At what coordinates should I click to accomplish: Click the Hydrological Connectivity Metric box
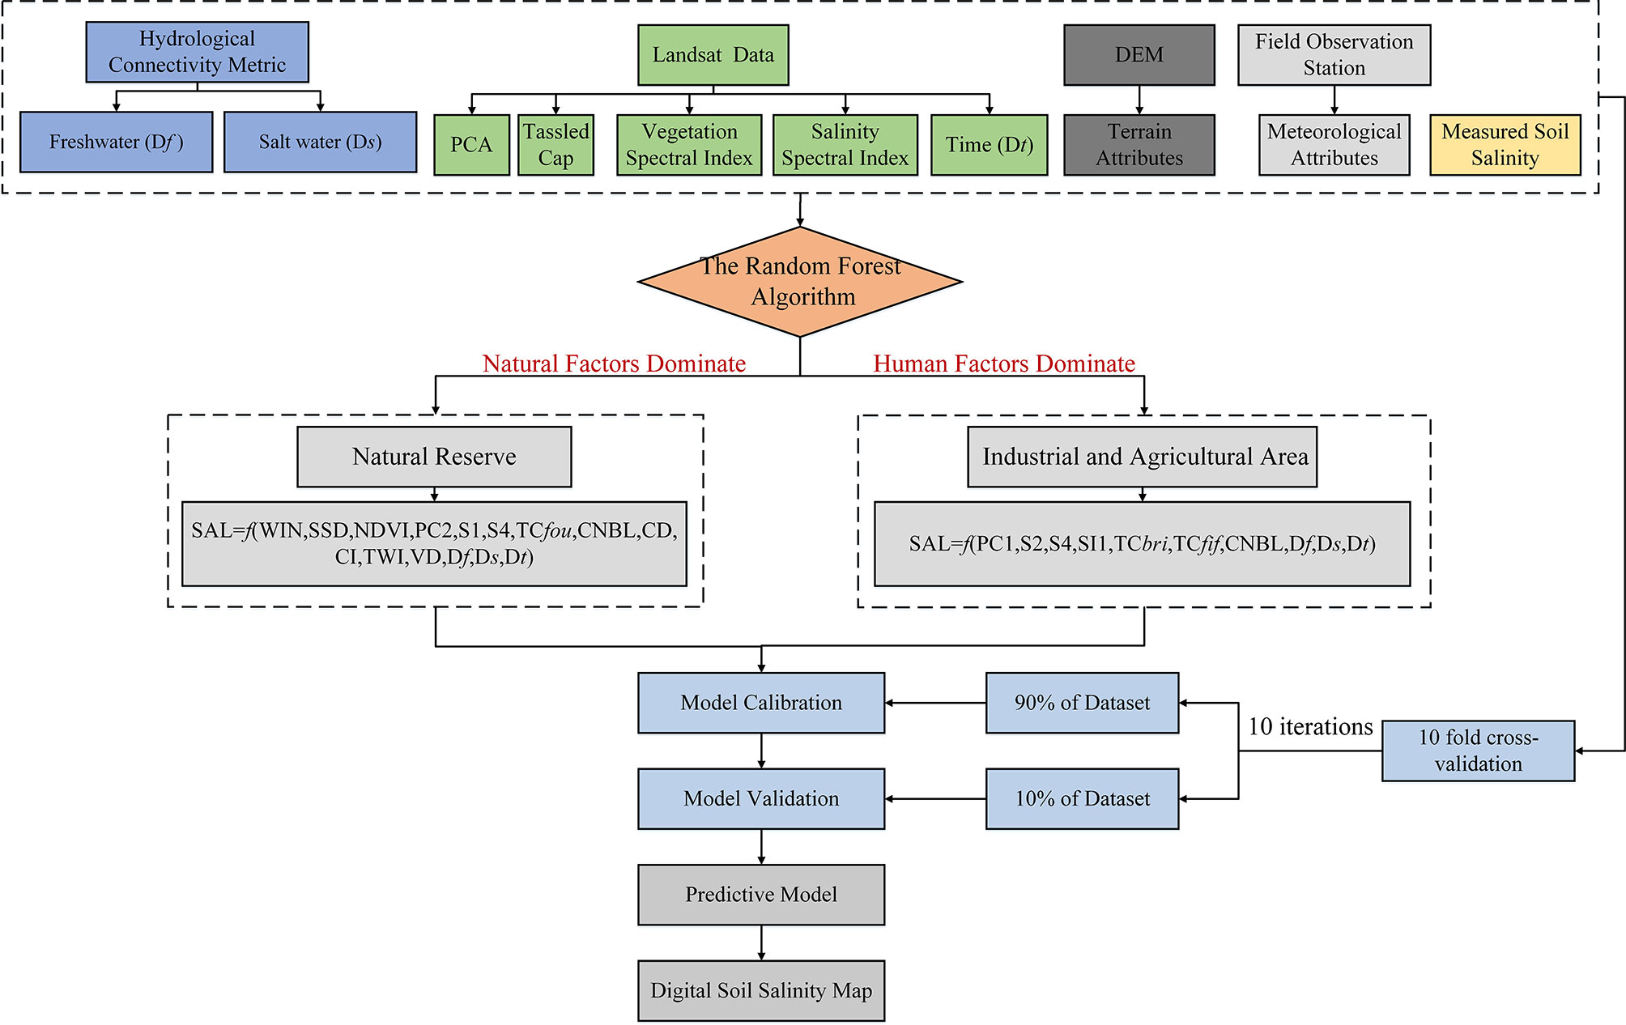197,52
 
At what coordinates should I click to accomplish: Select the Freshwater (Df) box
116,142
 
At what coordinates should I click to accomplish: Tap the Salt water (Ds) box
320,142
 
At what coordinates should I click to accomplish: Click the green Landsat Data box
713,55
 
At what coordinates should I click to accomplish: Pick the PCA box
471,145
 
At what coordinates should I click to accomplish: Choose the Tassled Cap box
555,145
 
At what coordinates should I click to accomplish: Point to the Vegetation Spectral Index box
689,145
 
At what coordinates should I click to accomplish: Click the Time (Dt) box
989,145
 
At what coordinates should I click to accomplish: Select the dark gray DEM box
1139,55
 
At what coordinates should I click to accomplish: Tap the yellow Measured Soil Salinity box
1505,145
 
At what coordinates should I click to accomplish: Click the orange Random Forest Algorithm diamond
800,282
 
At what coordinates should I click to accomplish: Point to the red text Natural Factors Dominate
614,364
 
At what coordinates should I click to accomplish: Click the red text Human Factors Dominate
1004,364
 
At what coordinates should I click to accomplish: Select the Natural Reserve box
434,457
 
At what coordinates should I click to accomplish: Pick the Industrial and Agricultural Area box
1142,457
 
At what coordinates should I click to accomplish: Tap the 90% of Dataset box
1082,703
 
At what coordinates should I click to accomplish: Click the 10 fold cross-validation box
1478,751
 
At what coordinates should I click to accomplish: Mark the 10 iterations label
1310,726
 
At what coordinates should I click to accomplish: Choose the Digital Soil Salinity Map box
761,990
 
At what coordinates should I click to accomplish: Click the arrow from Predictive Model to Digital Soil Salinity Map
761,942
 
